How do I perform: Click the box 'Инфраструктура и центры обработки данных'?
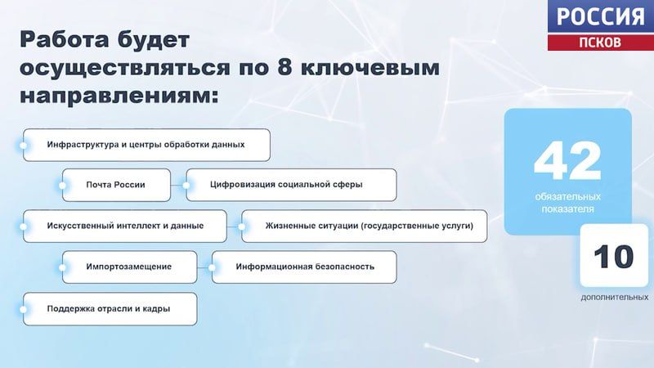146,145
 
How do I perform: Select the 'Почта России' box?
116,185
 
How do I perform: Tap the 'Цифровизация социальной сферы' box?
291,185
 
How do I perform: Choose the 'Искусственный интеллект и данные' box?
125,226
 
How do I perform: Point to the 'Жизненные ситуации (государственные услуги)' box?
364,226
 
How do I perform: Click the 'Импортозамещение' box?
129,267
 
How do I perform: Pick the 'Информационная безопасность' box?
304,267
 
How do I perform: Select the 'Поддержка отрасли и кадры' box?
110,309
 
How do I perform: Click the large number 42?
567,161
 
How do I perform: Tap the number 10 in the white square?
613,258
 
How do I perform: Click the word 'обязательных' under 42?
567,197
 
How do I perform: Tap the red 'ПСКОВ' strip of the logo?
600,42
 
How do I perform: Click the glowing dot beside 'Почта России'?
64,185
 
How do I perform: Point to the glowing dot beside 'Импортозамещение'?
64,267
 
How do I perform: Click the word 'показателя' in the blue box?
567,209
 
